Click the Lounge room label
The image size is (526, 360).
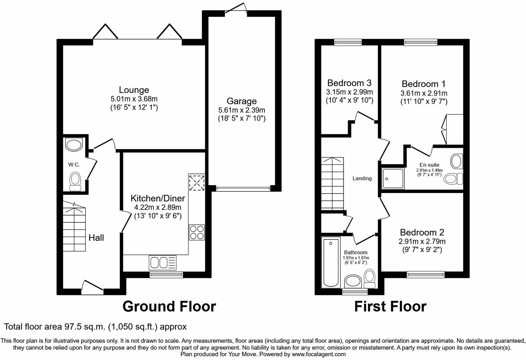point(134,90)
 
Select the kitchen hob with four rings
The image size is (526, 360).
point(197,232)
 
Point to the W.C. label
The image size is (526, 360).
point(74,165)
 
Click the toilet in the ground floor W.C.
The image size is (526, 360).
point(75,181)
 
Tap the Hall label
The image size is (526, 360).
point(96,238)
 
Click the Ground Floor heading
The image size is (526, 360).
point(169,306)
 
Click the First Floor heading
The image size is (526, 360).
point(390,306)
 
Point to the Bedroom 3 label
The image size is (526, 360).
point(349,83)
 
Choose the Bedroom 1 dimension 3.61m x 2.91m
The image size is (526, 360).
point(424,93)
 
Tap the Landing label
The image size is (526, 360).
point(362,178)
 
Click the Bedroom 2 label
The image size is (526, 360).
point(422,232)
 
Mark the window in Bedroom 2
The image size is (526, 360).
point(425,274)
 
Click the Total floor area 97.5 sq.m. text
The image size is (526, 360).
point(95,326)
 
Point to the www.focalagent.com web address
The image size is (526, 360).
point(318,354)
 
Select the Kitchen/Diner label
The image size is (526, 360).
point(157,199)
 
